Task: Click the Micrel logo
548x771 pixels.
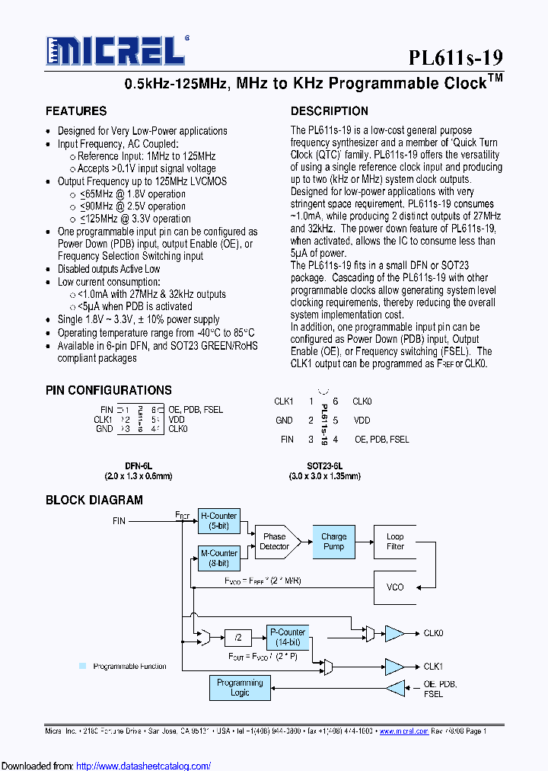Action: [x=116, y=52]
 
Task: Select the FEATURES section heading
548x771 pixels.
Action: [x=76, y=111]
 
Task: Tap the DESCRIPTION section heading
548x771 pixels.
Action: [x=330, y=111]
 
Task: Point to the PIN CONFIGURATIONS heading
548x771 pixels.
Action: [x=109, y=390]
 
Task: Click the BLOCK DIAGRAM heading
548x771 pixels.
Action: [x=94, y=500]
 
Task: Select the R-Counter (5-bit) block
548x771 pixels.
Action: [x=218, y=521]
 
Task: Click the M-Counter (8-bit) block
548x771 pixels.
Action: [x=218, y=558]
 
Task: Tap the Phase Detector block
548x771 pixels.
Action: [x=275, y=542]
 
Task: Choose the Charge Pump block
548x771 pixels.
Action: [x=333, y=542]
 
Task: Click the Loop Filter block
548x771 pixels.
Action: [x=395, y=542]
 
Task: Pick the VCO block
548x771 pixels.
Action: [x=395, y=587]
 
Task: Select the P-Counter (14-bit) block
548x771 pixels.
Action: [x=288, y=637]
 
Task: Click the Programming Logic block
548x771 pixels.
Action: [x=240, y=688]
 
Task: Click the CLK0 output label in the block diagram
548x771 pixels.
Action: [x=434, y=633]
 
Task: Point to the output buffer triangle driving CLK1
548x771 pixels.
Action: [x=394, y=667]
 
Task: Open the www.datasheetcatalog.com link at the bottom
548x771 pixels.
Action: [x=144, y=766]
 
